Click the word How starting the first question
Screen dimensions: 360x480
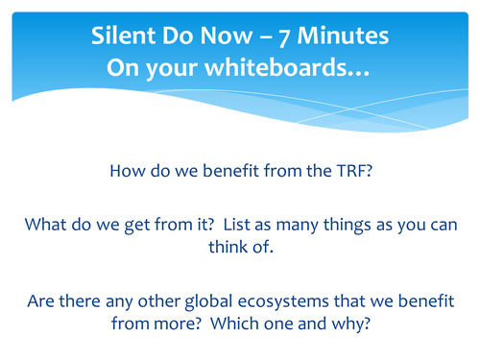coord(130,173)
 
